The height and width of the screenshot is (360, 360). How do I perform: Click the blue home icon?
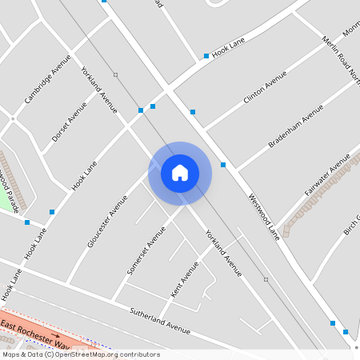point(180,173)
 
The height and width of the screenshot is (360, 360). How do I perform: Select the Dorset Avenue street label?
point(69,122)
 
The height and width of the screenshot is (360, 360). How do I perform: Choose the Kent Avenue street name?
point(185,279)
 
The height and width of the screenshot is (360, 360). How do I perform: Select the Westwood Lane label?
point(263,216)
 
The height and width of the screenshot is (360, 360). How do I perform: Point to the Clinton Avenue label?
point(265,88)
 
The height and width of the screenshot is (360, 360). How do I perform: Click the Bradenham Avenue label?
point(295,126)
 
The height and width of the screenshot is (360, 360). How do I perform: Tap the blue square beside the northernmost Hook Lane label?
point(206,56)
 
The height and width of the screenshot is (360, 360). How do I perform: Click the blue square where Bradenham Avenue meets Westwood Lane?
point(223,165)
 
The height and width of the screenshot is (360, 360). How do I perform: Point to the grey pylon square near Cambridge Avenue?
point(115,75)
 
